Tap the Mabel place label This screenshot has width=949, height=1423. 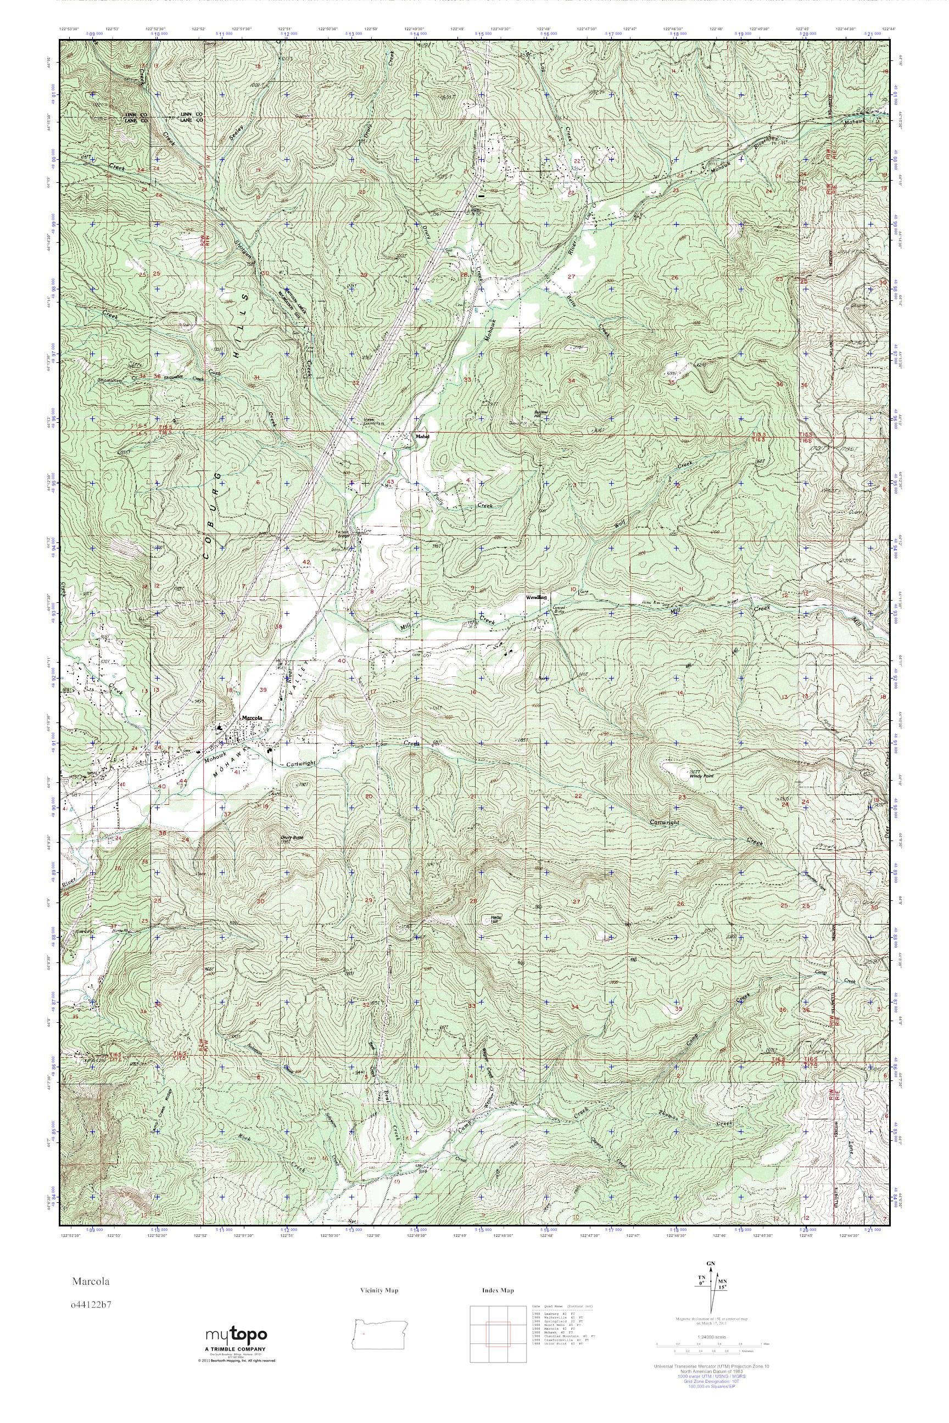[422, 435]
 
